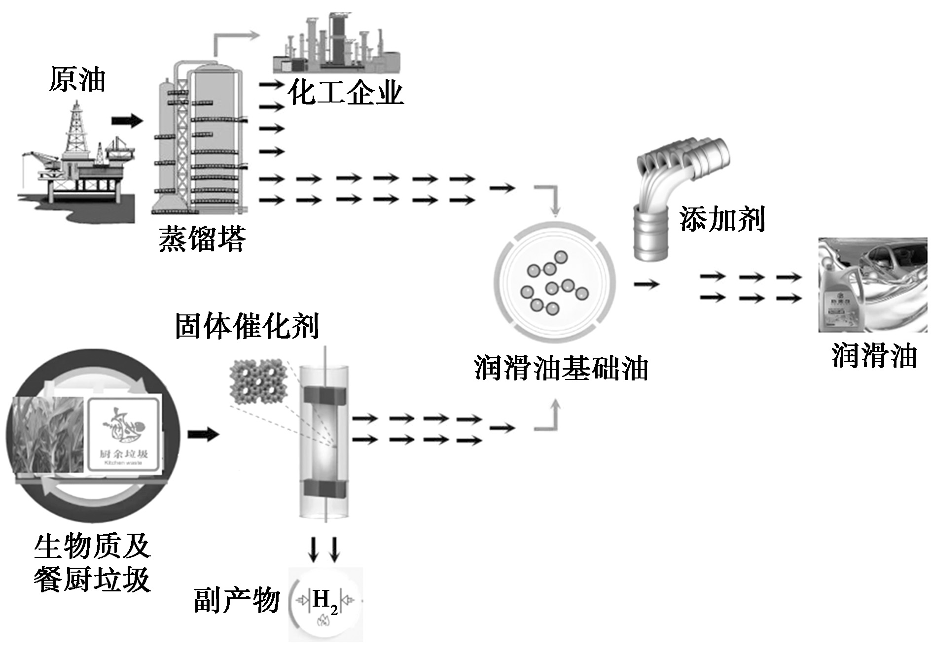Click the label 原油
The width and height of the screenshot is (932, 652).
click(77, 80)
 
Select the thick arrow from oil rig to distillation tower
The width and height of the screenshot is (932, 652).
click(127, 120)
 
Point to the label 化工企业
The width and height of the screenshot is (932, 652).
click(346, 92)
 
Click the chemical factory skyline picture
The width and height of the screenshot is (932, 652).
click(337, 44)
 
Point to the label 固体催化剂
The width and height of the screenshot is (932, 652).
click(247, 326)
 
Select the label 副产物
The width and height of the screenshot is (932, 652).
click(237, 600)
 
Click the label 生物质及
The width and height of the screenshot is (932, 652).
click(92, 546)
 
